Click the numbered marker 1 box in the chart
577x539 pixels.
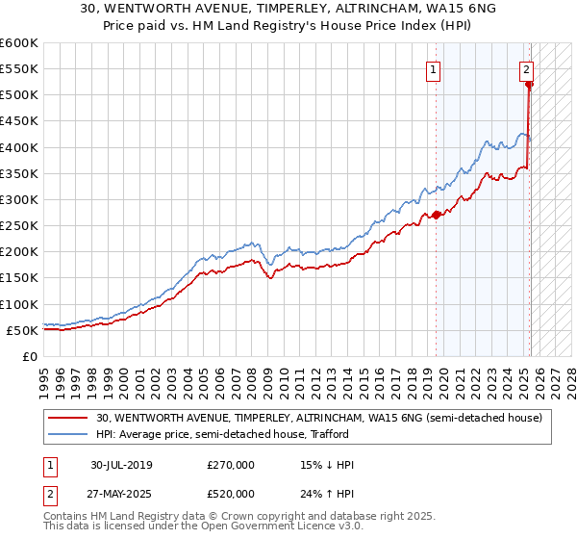433,69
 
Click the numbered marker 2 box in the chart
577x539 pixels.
527,69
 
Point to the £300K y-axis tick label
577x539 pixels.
19,199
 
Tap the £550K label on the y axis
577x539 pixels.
19,69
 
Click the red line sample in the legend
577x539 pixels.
67,418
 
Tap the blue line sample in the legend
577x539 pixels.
67,434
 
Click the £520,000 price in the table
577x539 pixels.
231,494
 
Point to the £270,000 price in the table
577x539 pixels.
231,465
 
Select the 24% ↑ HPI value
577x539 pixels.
327,494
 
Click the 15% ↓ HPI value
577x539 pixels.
327,465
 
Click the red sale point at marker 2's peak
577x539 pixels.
529,85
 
